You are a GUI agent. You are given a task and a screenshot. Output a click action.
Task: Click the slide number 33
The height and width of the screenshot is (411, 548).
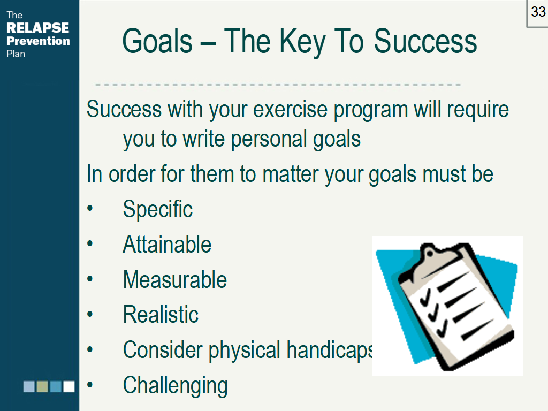click(x=538, y=12)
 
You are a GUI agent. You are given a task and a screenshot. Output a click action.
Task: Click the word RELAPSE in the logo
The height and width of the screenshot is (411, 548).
click(x=38, y=28)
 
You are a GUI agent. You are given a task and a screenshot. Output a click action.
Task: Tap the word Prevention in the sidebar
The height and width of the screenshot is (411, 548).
click(x=38, y=41)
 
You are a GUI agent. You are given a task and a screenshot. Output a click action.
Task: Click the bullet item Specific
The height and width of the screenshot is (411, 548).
click(x=158, y=209)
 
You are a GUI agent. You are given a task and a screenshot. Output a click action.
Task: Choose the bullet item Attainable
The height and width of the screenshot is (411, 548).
click(x=167, y=244)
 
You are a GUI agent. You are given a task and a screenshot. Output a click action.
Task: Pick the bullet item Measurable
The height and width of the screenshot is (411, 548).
click(x=175, y=279)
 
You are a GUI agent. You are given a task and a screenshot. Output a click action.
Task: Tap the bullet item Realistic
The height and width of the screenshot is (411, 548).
click(x=161, y=314)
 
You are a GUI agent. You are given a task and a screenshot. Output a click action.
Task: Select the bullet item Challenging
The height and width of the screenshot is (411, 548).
click(x=175, y=385)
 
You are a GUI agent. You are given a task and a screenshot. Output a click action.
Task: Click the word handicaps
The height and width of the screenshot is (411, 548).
click(x=330, y=350)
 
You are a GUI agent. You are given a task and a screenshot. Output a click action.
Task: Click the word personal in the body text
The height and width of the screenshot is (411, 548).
click(x=269, y=140)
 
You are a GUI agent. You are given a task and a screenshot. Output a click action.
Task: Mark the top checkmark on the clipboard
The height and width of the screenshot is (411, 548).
click(x=425, y=298)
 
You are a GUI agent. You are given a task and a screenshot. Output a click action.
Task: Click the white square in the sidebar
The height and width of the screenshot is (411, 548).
click(x=69, y=386)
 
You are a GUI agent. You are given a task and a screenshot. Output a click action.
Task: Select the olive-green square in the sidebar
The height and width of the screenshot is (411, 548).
click(x=42, y=386)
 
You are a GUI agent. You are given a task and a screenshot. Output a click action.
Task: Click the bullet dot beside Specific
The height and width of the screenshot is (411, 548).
click(x=90, y=208)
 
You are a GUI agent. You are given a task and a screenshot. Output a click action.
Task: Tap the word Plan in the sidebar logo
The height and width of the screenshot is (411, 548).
click(x=16, y=54)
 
